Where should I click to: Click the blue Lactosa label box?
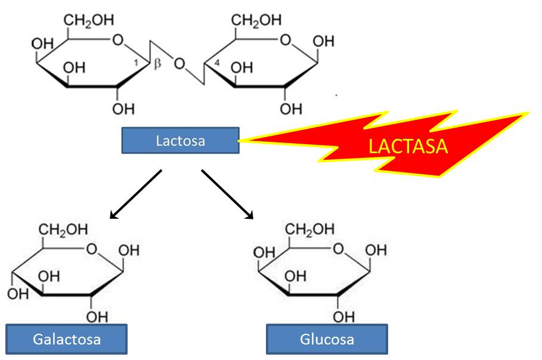(x=180, y=141)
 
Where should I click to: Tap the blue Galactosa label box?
(x=67, y=339)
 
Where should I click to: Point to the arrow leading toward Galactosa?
(x=135, y=194)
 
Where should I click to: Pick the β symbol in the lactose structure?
(x=158, y=64)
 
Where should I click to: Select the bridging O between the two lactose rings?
(x=179, y=63)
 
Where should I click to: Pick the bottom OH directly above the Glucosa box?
(x=342, y=316)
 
